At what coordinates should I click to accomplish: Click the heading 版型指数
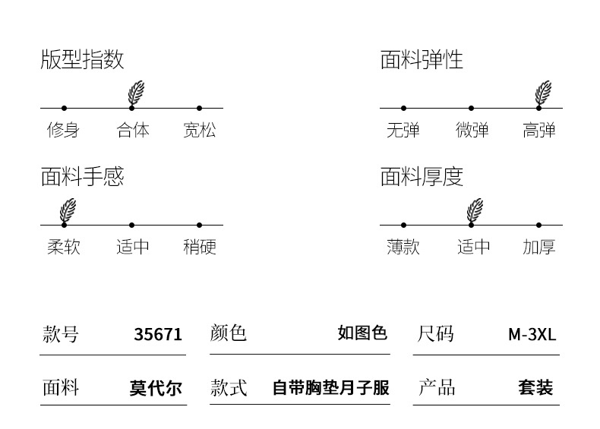click(82, 60)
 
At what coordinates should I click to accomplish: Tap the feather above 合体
click(136, 93)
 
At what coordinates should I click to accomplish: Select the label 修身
click(63, 130)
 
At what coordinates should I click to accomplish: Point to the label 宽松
click(199, 130)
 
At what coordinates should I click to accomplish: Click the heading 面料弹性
click(422, 60)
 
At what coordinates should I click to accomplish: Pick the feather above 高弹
click(543, 93)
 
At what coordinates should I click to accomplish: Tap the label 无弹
click(403, 130)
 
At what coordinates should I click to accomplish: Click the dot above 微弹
click(471, 108)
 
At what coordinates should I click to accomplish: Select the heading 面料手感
click(82, 177)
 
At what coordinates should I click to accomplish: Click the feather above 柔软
click(68, 210)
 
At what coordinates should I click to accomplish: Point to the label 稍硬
click(199, 247)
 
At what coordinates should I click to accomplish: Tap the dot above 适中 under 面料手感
click(131, 225)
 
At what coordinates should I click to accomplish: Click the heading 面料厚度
click(422, 177)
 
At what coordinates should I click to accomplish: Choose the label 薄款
click(403, 247)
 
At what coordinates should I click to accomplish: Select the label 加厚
click(538, 247)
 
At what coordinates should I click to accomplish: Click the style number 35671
click(158, 334)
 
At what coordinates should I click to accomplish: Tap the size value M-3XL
click(532, 334)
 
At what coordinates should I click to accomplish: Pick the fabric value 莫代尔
click(156, 388)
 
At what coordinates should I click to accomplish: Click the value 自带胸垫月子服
click(330, 388)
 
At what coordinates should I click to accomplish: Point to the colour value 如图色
click(362, 333)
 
